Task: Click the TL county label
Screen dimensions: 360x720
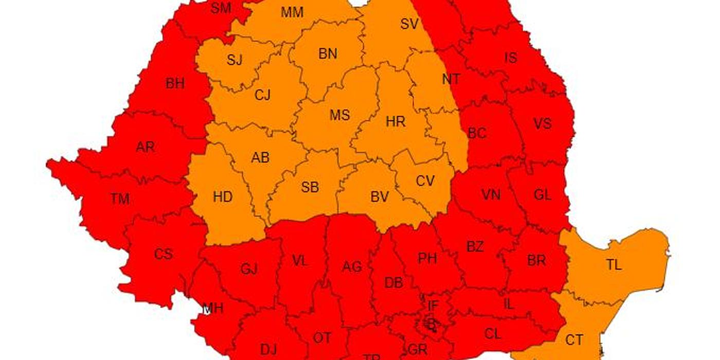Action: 614,265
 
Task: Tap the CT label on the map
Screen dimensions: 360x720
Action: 574,340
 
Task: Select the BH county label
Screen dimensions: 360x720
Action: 175,84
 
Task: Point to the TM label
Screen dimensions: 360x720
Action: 119,199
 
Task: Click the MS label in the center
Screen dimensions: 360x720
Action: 339,115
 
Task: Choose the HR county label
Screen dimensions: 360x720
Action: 395,122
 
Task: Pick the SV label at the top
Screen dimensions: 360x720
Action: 409,23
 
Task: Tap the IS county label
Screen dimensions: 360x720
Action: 510,58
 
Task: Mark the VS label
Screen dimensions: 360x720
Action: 542,123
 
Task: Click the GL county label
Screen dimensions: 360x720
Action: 542,195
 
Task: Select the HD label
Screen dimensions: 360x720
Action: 222,197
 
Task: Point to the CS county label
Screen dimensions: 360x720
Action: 163,254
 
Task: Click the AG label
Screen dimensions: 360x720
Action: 352,267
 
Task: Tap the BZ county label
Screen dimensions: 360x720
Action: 475,247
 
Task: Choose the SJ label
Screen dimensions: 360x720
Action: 234,60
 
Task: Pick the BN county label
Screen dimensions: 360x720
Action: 328,53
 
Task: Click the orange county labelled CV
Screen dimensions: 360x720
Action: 425,181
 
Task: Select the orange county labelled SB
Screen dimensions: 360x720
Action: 310,187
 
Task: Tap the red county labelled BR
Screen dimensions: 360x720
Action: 536,260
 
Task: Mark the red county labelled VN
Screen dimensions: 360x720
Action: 491,195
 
